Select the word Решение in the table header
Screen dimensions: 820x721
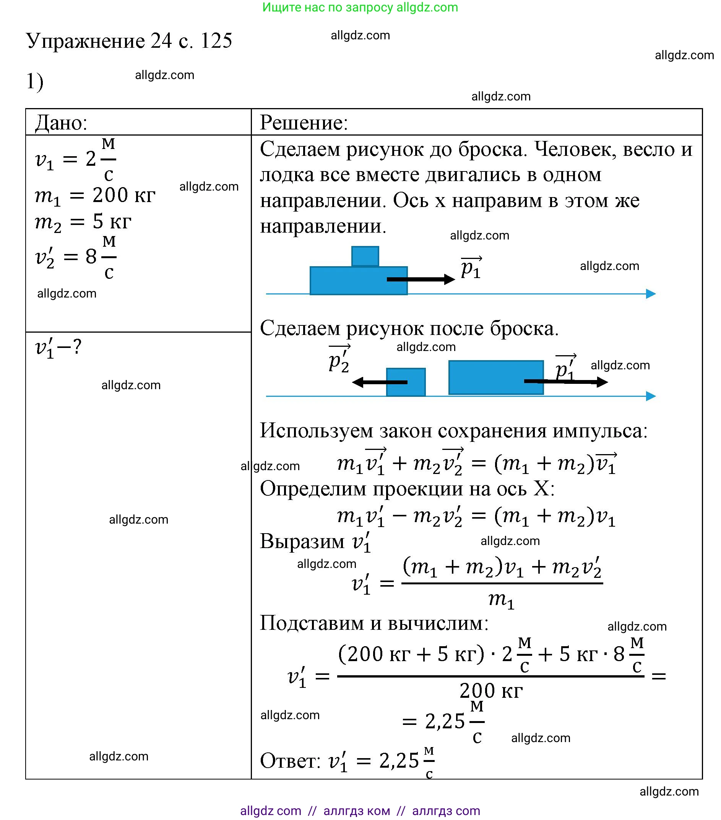coord(303,122)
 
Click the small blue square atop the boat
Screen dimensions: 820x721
coord(365,256)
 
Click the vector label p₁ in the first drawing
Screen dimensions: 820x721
coord(471,267)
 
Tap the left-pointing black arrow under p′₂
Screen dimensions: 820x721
coord(379,382)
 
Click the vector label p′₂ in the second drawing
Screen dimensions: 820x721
coord(339,359)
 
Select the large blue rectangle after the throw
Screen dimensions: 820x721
coord(496,377)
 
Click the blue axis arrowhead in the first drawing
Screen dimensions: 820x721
coord(651,294)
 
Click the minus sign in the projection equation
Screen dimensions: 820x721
coord(399,516)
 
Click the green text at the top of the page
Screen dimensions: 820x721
coord(360,7)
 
